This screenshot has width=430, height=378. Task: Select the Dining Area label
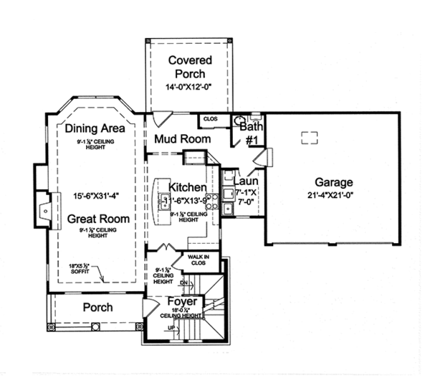pos(95,129)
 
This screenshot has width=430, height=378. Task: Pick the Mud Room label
pos(184,138)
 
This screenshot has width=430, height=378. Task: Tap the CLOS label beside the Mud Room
pos(210,119)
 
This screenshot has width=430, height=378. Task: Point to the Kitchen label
pos(188,187)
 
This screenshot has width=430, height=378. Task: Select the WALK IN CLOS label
pos(198,259)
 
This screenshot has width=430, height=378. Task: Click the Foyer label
pos(182,302)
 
